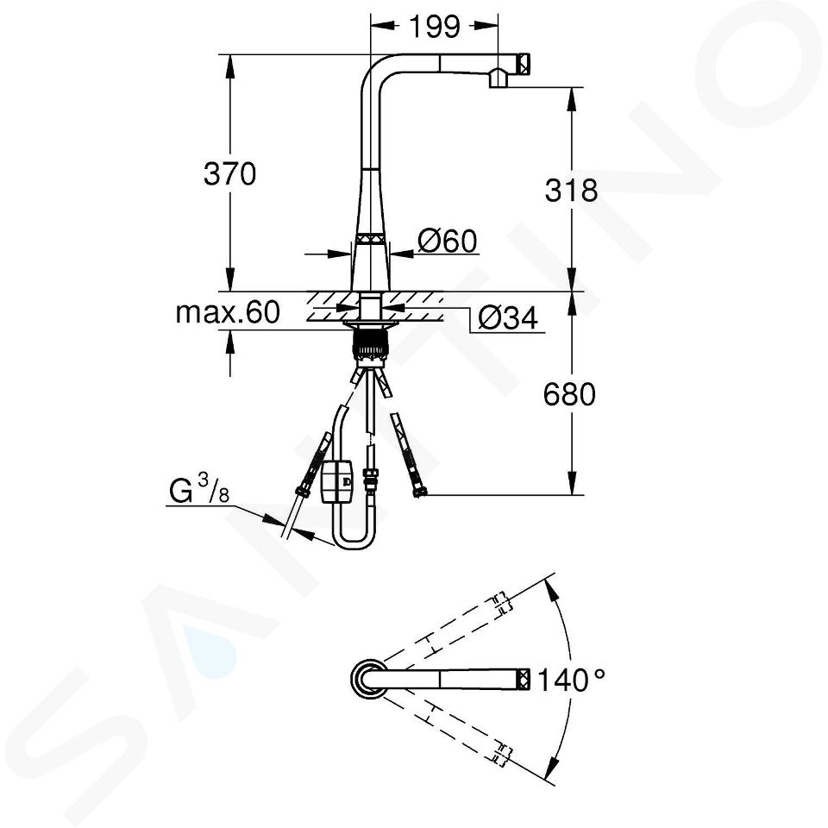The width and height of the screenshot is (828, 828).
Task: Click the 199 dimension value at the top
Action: (435, 27)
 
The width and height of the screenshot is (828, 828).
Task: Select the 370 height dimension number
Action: (229, 173)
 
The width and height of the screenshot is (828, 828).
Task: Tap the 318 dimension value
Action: (571, 190)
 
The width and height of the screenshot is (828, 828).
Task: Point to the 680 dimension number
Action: (570, 394)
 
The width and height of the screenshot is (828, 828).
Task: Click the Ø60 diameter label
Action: (448, 241)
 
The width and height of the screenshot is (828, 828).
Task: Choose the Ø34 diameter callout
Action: (507, 318)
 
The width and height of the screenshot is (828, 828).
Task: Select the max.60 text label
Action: (228, 312)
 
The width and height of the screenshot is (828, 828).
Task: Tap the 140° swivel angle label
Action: (571, 680)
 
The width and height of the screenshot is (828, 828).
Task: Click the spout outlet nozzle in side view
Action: (499, 78)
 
